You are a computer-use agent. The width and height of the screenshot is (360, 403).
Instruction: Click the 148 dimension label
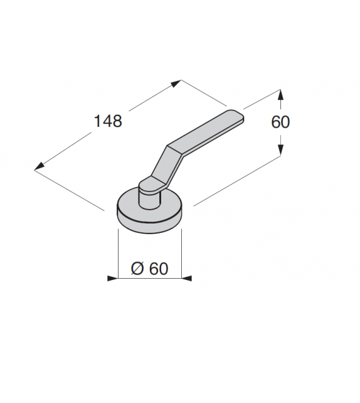(108, 121)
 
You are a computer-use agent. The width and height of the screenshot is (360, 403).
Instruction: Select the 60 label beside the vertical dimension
(280, 122)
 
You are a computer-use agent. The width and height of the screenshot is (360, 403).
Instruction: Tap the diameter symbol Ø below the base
(137, 269)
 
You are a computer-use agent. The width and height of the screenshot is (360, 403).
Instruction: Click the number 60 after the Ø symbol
(159, 269)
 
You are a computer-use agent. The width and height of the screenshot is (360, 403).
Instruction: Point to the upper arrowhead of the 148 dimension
(177, 83)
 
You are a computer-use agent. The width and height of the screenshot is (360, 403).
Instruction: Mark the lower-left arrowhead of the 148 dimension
(39, 166)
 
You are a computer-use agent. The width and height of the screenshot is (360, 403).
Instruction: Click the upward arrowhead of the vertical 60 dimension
(280, 95)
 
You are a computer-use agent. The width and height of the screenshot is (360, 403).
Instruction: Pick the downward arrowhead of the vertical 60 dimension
(280, 149)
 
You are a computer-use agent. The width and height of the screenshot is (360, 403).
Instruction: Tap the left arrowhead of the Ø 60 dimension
(112, 278)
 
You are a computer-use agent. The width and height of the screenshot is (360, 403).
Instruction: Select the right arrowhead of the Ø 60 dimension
(187, 278)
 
